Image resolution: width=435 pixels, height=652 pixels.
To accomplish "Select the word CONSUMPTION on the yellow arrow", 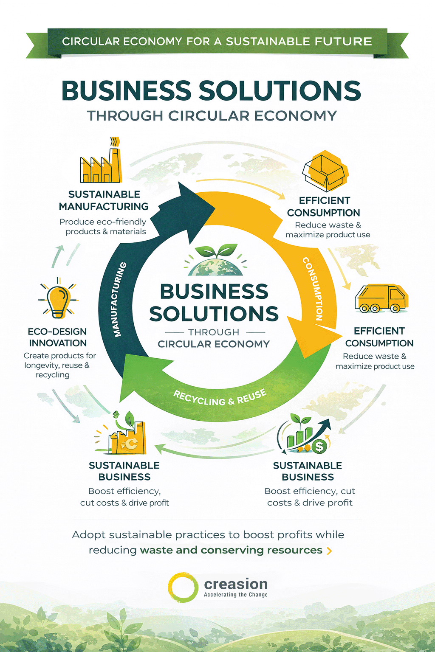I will coord(313,289).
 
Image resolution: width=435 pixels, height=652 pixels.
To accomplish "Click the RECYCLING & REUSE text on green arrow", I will coord(220,398).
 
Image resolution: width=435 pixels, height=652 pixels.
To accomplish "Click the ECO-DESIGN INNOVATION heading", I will coord(57,337).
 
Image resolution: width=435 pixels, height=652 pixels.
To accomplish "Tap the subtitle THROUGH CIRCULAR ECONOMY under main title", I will coord(212,115).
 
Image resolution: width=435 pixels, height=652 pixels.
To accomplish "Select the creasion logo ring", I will coord(183,587).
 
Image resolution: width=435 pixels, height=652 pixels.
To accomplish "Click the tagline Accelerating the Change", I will coord(235,595).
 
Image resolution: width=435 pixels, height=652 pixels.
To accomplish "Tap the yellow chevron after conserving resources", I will coord(329,551).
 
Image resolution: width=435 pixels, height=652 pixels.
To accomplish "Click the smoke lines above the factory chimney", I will coord(114,142).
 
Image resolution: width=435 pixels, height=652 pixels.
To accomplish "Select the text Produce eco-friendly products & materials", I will coord(103,226).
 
